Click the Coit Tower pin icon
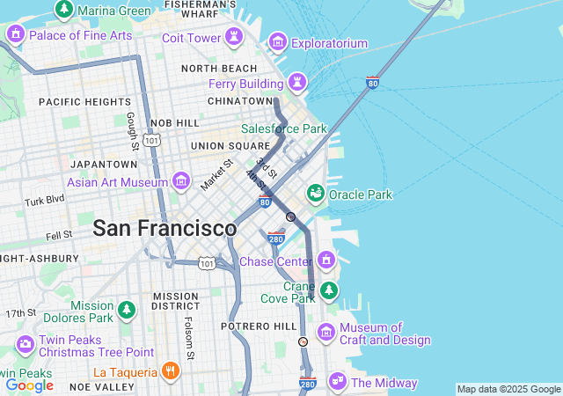[234, 37]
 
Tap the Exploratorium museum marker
[278, 41]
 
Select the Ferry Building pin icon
[297, 83]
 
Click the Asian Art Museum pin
[181, 181]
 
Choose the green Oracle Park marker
[315, 194]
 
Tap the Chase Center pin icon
[326, 260]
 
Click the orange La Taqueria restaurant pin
[171, 371]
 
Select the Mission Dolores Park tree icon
[128, 311]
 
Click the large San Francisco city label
[165, 228]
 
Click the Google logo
[29, 385]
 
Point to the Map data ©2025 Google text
[508, 389]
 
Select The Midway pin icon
[336, 381]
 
